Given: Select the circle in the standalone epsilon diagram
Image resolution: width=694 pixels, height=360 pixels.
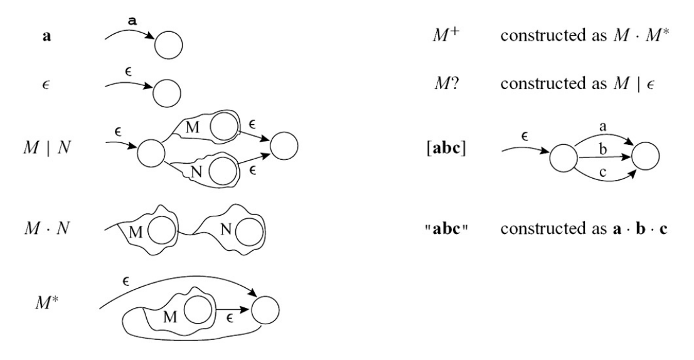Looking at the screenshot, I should [x=168, y=94].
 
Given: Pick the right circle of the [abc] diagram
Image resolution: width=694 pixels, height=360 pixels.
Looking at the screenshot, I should [x=646, y=157].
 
